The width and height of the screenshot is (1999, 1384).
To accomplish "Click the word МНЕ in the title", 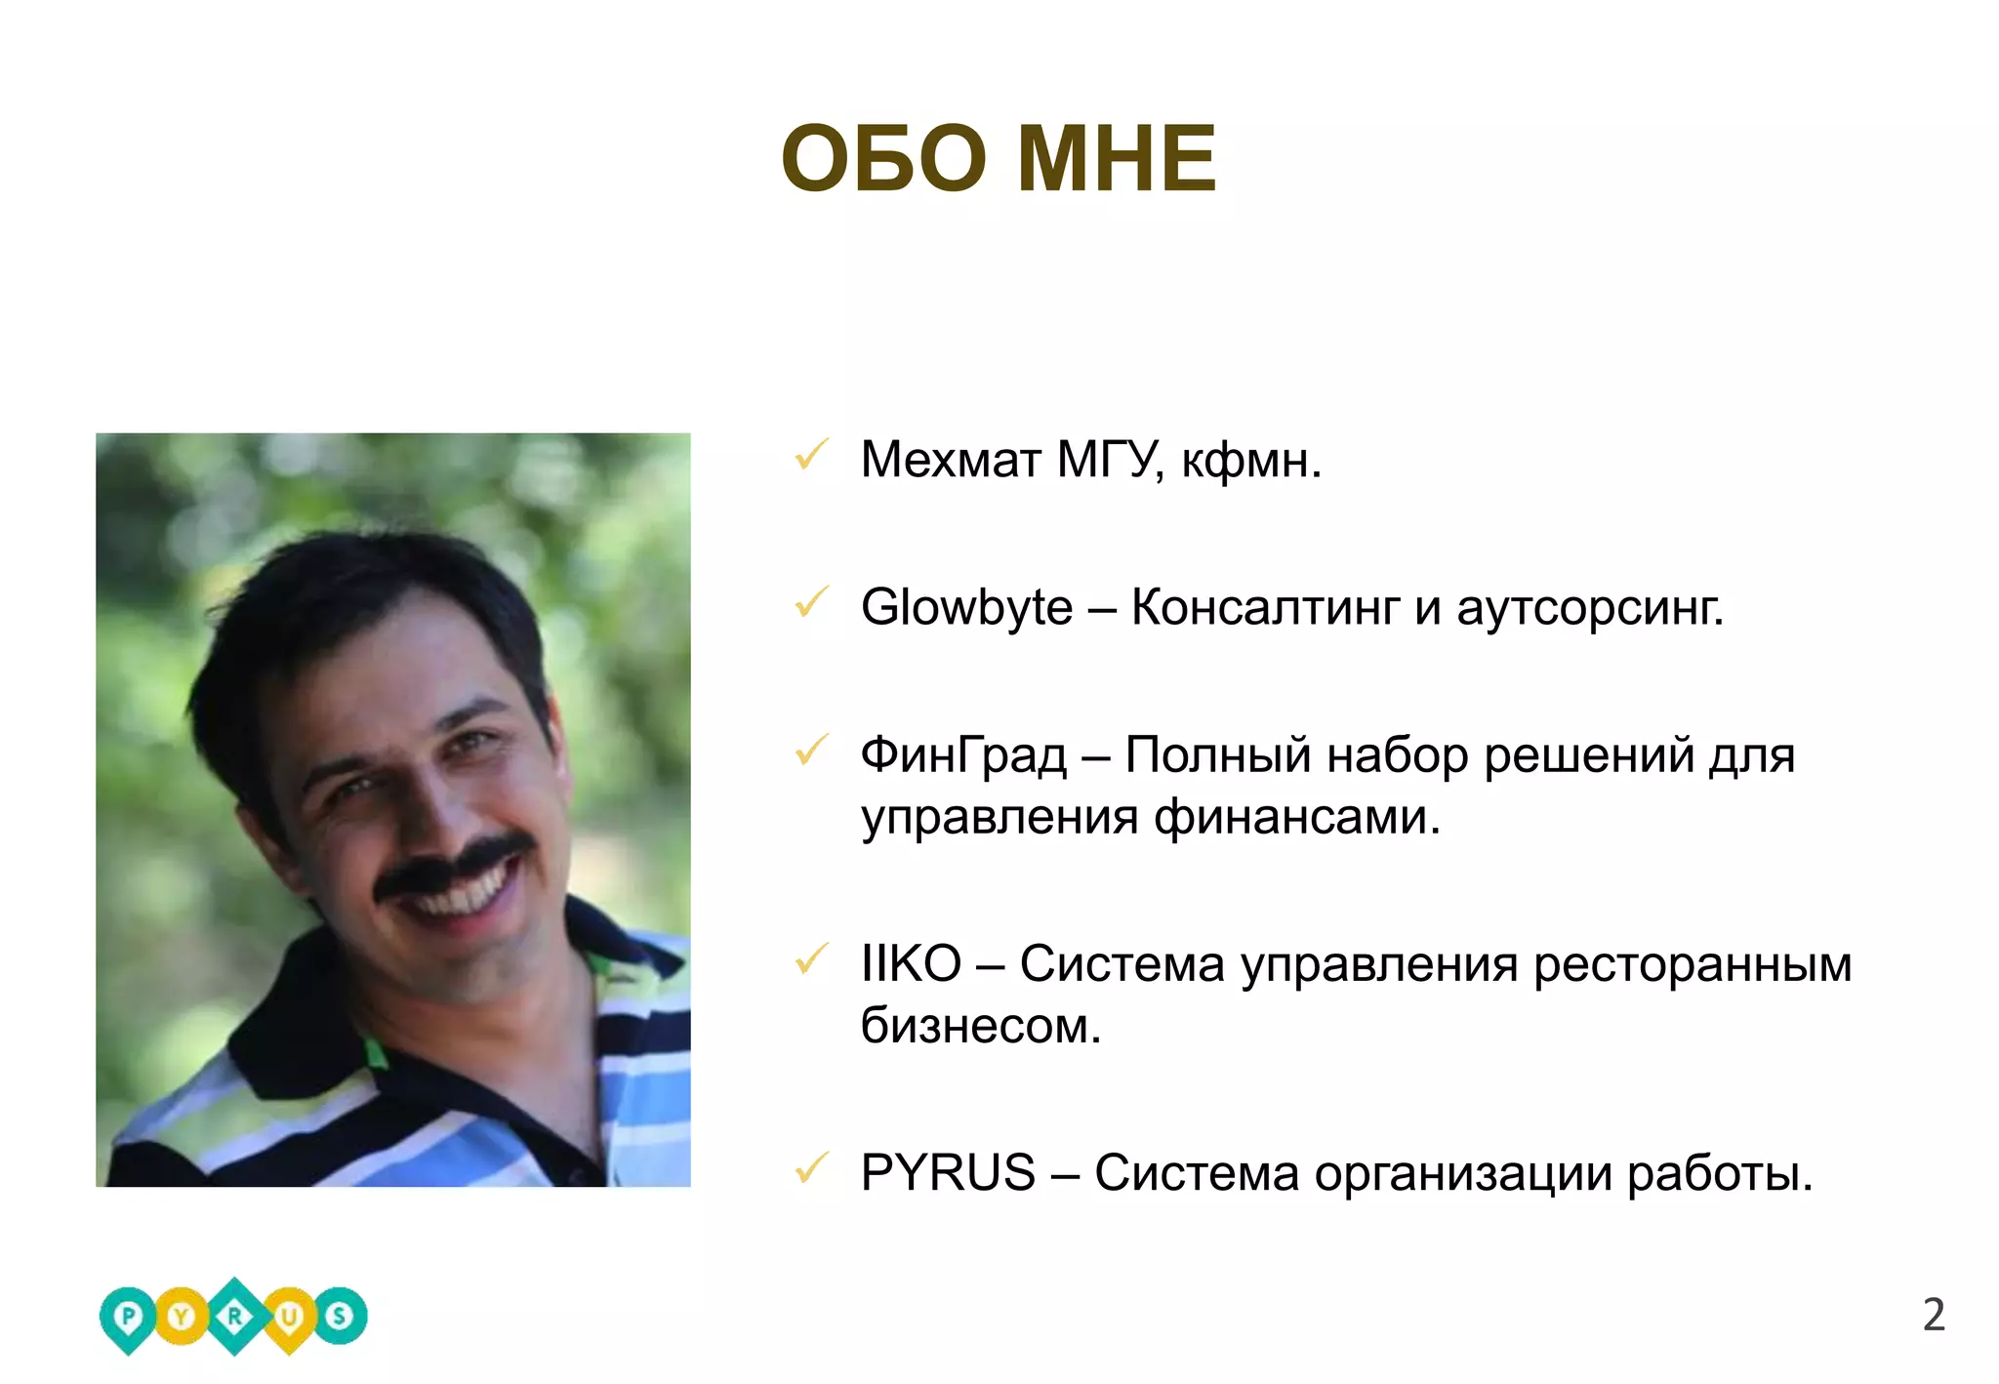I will (1117, 159).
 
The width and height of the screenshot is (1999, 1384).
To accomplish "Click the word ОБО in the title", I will (883, 159).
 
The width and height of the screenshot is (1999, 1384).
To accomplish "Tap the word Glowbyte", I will (966, 607).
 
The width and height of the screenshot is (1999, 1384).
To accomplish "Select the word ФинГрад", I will (963, 756).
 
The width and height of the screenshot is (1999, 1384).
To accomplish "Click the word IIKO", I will (910, 964).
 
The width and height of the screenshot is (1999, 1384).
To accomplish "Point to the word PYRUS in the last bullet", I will (947, 1172).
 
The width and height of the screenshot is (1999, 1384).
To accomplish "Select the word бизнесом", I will (980, 1026).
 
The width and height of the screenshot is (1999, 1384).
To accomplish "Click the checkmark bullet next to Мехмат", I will (811, 455).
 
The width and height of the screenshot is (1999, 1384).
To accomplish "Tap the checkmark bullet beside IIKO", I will (811, 959).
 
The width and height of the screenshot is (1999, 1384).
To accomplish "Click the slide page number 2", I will (1933, 1315).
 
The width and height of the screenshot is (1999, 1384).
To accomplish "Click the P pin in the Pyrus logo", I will (128, 1318).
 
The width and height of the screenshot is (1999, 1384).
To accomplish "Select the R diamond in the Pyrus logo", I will (234, 1317).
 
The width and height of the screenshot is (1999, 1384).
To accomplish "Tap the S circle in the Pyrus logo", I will (340, 1316).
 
